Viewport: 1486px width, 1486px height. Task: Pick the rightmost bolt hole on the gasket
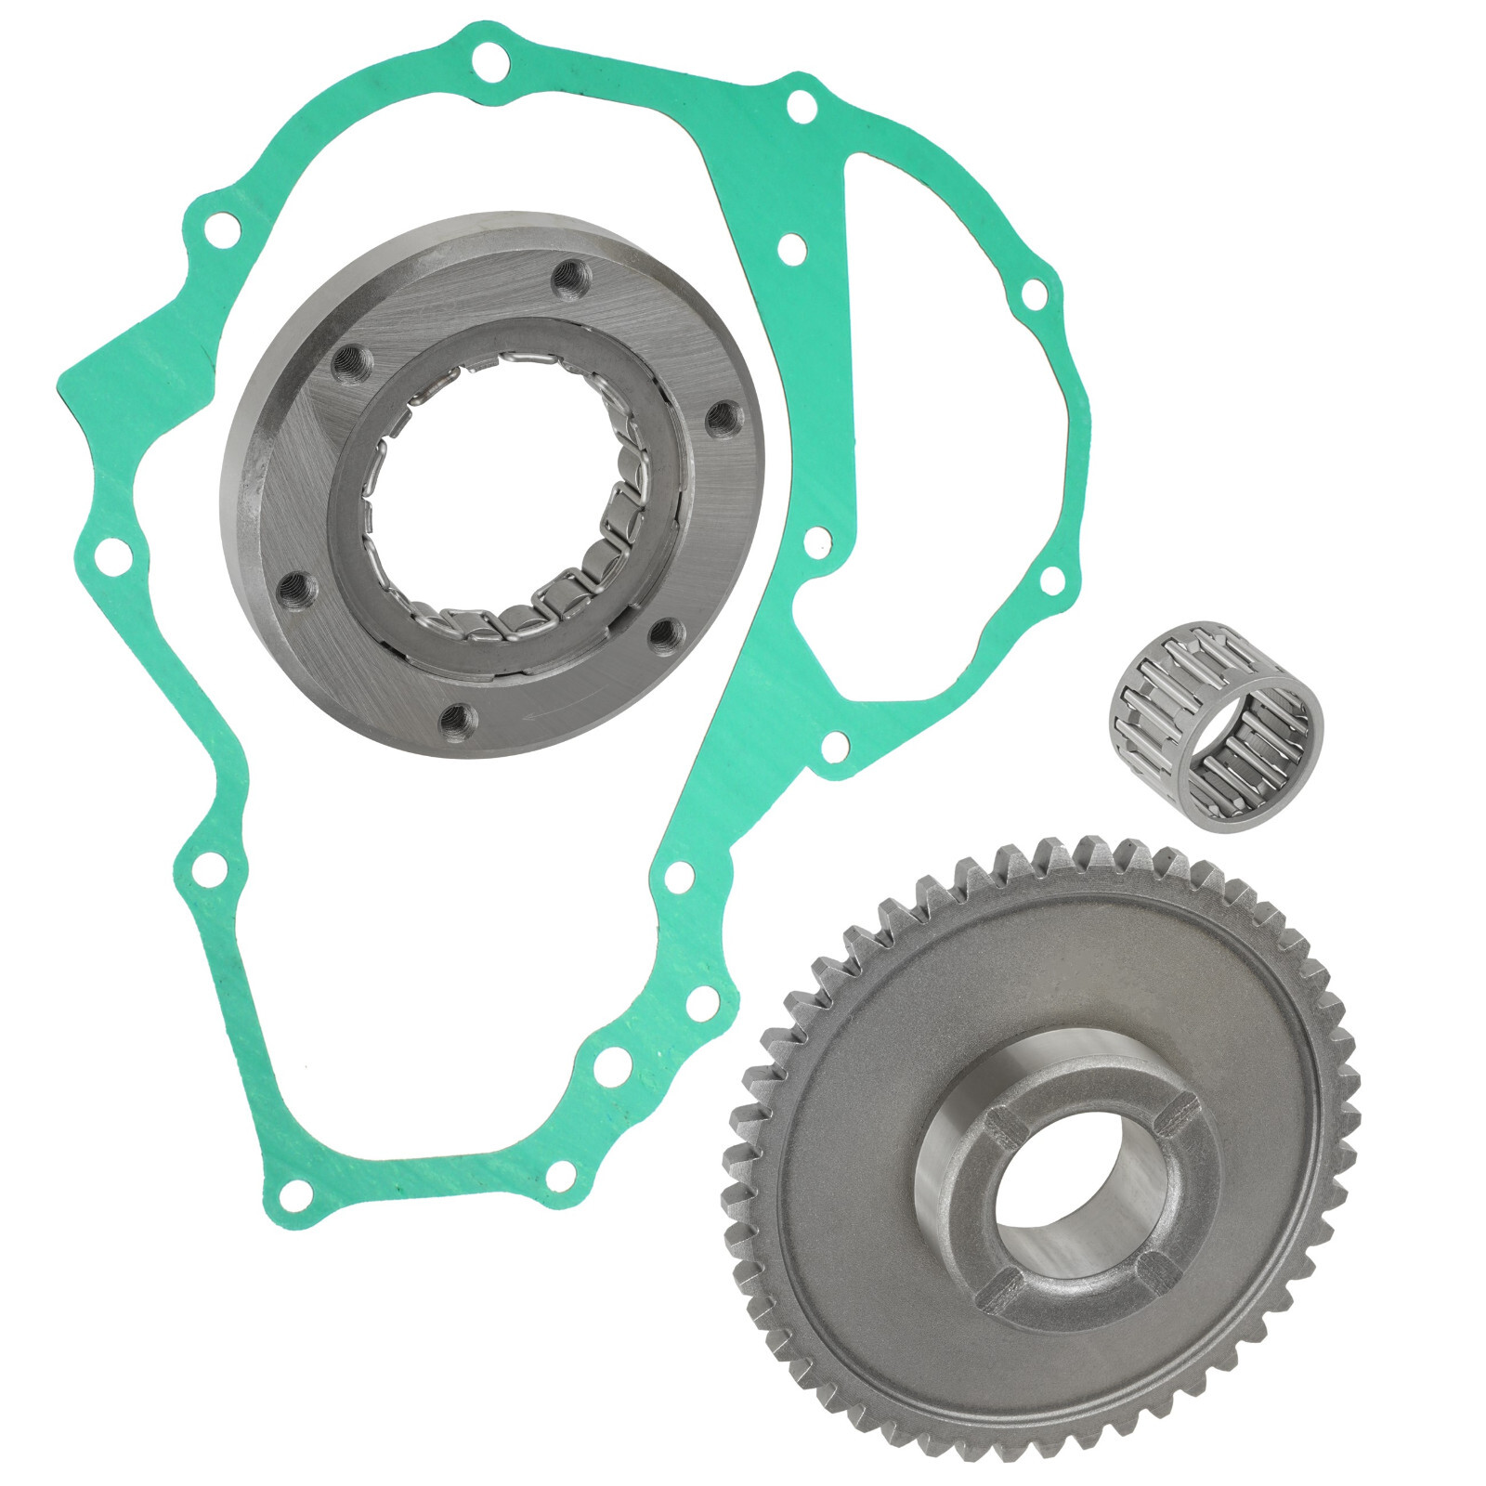click(x=1051, y=580)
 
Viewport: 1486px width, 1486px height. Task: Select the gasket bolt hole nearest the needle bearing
click(x=1051, y=580)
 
